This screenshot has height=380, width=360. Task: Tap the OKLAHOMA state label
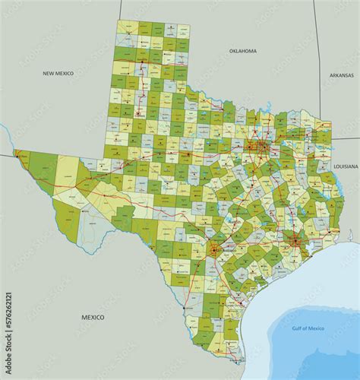point(243,51)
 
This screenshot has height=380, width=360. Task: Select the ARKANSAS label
point(342,75)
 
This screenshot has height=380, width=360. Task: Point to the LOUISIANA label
point(345,165)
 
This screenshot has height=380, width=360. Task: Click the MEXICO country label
point(93,316)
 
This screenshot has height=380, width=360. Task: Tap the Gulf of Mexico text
point(308,328)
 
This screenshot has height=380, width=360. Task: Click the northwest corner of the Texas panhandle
point(117,21)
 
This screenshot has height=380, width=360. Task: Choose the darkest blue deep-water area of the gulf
point(319,346)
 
